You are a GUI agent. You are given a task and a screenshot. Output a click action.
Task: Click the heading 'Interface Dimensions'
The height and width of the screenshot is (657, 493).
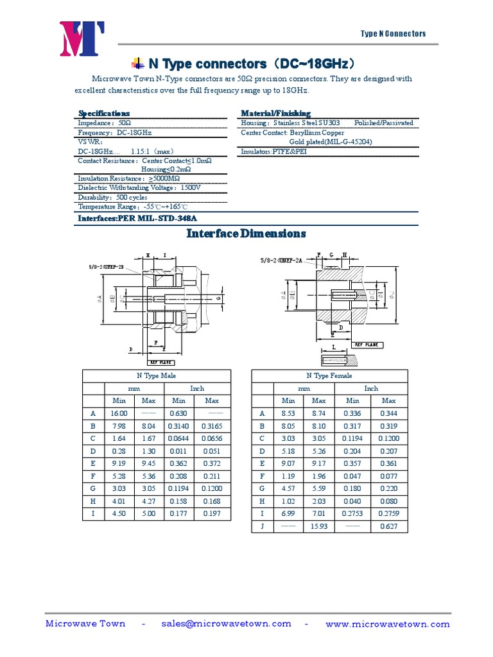coord(246,234)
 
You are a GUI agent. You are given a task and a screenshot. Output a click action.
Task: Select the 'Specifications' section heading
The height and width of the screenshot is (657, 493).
coord(103,113)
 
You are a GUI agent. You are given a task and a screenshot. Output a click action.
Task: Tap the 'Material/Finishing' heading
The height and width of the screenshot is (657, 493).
coord(275,113)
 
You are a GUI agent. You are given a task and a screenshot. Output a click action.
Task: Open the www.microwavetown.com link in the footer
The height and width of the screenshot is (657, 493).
coord(388,624)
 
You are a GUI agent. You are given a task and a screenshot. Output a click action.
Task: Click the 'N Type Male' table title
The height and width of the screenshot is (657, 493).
coord(156,376)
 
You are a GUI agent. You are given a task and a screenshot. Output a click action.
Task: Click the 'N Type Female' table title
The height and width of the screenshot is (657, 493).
coord(329,376)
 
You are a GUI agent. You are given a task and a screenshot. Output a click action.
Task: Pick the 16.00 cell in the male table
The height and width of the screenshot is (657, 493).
coord(119,414)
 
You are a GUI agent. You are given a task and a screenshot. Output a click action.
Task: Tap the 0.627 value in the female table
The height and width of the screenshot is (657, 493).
coord(388,526)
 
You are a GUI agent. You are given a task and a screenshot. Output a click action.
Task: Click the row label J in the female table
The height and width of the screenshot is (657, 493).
coord(262,526)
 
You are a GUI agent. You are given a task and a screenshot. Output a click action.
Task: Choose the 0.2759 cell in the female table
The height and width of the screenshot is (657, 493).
coord(388,514)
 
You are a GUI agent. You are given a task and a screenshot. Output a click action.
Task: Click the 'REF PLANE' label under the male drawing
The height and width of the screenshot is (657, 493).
coord(162,362)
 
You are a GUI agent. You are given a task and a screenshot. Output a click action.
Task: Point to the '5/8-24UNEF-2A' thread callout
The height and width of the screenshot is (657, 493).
coord(283,260)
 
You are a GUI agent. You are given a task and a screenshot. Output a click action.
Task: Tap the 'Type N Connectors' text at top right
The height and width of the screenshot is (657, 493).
coord(393,34)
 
